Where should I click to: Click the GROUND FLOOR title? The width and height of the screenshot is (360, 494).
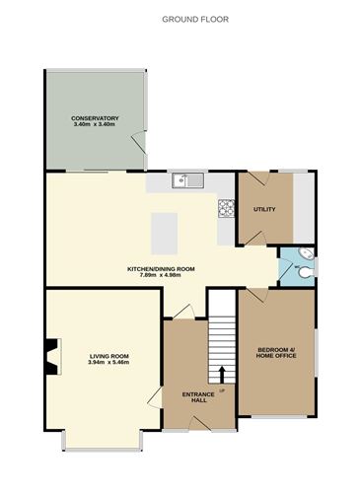pyautogui.click(x=180, y=18)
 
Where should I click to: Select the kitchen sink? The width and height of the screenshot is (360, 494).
pyautogui.click(x=185, y=179)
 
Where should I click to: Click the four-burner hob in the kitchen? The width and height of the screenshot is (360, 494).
pyautogui.click(x=225, y=208)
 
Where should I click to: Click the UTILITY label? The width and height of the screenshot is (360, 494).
pyautogui.click(x=264, y=209)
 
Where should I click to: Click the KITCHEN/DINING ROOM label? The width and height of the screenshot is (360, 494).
pyautogui.click(x=162, y=269)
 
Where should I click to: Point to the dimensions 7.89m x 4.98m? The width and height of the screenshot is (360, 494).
pyautogui.click(x=162, y=276)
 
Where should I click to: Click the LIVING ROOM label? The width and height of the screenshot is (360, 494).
pyautogui.click(x=109, y=356)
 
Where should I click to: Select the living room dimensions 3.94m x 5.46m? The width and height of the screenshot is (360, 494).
pyautogui.click(x=109, y=363)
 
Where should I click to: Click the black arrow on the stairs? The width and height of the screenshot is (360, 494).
pyautogui.click(x=221, y=374)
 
